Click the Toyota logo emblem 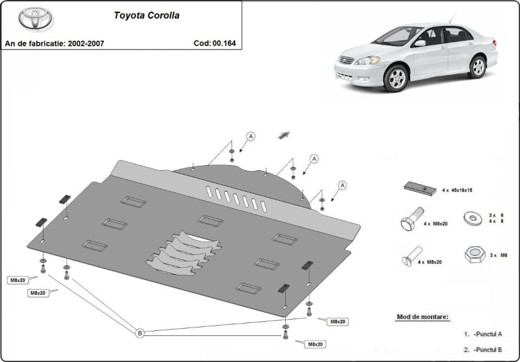coord(36,19)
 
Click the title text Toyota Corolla coord(146,16)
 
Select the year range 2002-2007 coord(85,43)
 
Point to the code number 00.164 coord(225,43)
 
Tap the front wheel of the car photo coord(396,77)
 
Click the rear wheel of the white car coord(478,66)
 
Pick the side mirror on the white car coord(420,43)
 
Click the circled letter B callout coord(140,334)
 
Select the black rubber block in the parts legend coord(420,188)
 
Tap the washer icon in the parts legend coord(473,218)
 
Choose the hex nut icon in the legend coord(475,255)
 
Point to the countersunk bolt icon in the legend coord(412,257)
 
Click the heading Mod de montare coord(423,317)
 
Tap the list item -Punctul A coord(488,334)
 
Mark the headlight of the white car coord(367,61)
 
